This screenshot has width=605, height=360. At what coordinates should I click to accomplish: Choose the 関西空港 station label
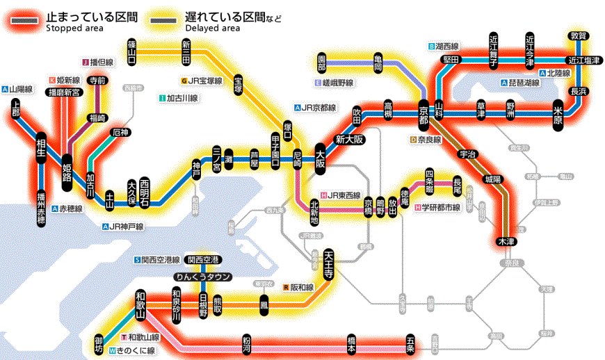click(203, 260)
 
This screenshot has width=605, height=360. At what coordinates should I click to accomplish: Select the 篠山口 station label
click(131, 51)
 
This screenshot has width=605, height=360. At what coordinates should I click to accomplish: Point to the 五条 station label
click(411, 343)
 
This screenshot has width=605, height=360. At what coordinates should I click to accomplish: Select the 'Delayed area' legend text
click(212, 28)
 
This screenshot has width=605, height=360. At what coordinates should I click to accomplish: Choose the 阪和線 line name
click(302, 286)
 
